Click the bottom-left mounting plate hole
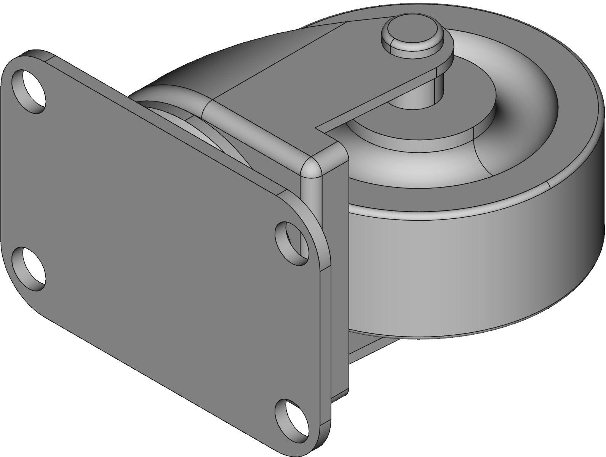[29, 269]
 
